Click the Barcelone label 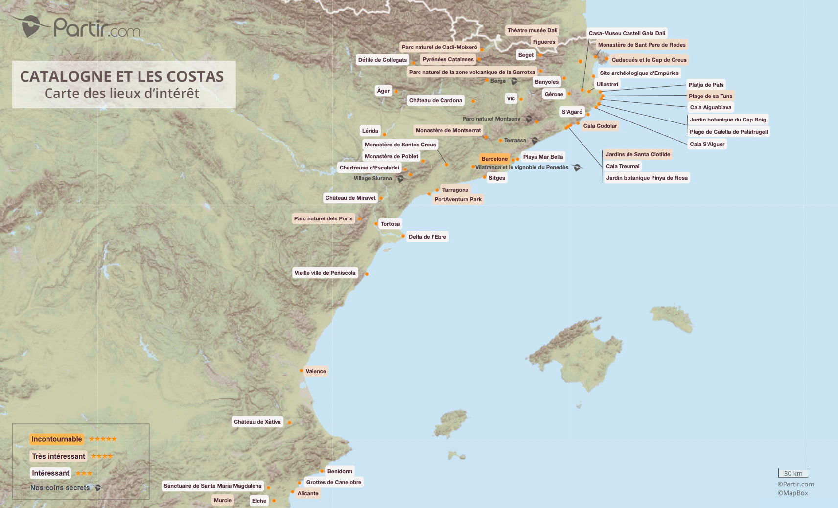pos(494,159)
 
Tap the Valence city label pos(316,371)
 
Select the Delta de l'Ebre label pos(427,237)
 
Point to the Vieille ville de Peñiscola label pos(325,273)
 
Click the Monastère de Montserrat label pos(448,130)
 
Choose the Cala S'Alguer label pos(707,144)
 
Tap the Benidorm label pos(340,471)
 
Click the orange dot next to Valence pos(302,371)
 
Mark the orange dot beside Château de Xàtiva pos(289,422)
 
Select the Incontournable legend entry pos(57,439)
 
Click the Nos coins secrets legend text pos(60,488)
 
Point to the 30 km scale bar pos(793,473)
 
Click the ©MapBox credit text pos(792,493)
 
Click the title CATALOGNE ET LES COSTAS pos(122,76)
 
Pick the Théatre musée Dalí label pos(532,30)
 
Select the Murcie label pos(222,500)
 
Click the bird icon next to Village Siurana pos(400,179)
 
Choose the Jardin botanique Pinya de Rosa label pos(647,178)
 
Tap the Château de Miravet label pos(350,198)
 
